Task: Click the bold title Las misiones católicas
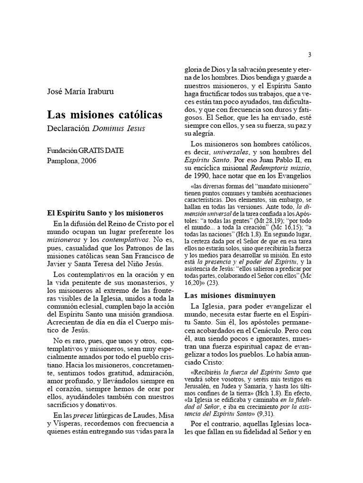click(x=104, y=115)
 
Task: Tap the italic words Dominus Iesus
click(x=118, y=127)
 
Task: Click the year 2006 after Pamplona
click(x=88, y=160)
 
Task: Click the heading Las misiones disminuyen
click(x=230, y=296)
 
